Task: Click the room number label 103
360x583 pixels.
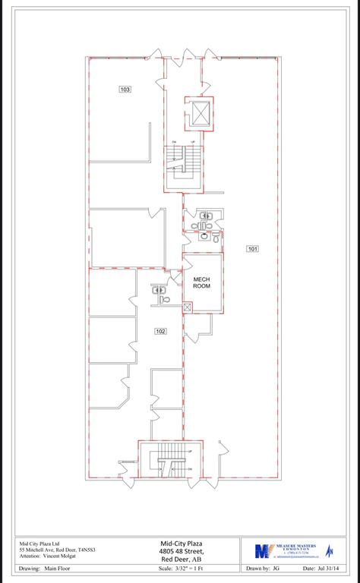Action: (x=125, y=90)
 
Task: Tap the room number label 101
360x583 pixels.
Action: (x=252, y=248)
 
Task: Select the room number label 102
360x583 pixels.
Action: (x=160, y=331)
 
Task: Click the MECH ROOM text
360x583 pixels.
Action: (x=201, y=282)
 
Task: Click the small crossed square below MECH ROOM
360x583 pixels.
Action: (x=188, y=307)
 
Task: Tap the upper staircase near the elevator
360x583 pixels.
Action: (x=183, y=161)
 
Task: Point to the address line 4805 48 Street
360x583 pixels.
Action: (x=179, y=551)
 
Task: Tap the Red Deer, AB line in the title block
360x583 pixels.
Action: (x=179, y=559)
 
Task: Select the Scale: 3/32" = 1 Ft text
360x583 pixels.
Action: (x=179, y=569)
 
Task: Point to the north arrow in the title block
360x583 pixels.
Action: (x=329, y=551)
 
